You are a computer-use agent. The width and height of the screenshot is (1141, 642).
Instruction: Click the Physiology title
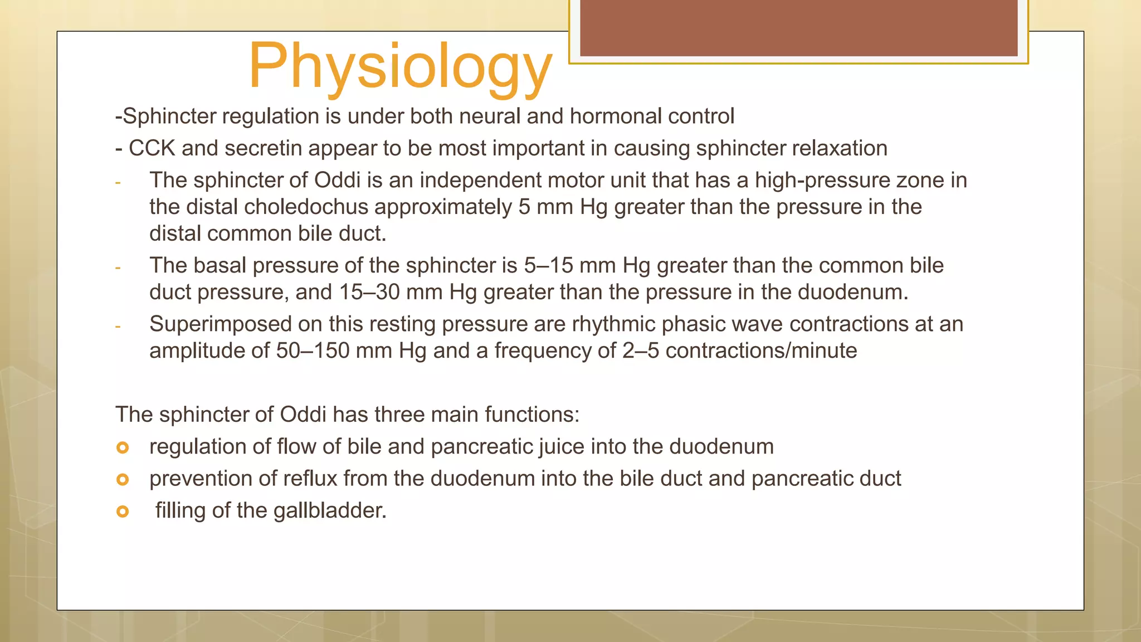(x=400, y=67)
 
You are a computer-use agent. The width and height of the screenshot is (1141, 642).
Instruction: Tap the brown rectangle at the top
(x=798, y=28)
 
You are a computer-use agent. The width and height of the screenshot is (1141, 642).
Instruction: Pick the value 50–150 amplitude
(x=313, y=351)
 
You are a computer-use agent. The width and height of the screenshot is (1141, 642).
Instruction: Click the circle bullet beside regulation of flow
(x=123, y=448)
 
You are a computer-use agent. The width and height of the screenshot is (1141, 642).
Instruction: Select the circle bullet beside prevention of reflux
(x=123, y=479)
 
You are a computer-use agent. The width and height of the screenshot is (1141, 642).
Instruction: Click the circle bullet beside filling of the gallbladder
(x=123, y=511)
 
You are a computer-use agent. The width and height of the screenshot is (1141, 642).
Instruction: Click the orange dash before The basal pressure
(x=118, y=268)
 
